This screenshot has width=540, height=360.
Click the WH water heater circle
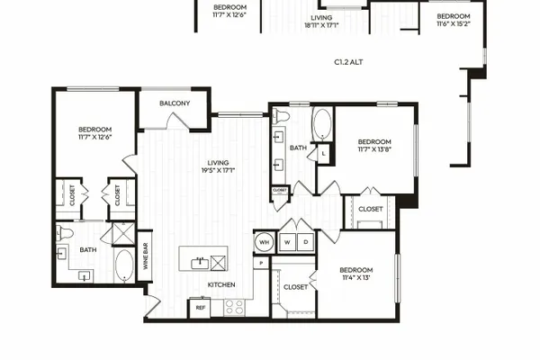[x=264, y=242]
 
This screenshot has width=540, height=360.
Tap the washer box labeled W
[x=287, y=242]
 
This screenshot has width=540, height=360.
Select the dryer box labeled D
[x=305, y=242]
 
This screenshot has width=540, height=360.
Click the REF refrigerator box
[x=201, y=308]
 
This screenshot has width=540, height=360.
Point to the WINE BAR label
[x=145, y=256]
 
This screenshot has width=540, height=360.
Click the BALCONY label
[x=175, y=103]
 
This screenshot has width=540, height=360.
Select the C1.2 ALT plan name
[x=348, y=62]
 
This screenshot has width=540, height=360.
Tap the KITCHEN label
[x=221, y=284]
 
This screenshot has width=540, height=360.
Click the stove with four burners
[x=235, y=307]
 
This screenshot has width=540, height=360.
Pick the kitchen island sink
[x=200, y=264]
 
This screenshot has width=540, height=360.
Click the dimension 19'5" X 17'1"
[x=219, y=170]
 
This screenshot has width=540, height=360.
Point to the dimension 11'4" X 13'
[x=356, y=278]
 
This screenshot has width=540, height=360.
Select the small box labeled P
[x=261, y=263]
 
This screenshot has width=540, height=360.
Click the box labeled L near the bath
[x=323, y=153]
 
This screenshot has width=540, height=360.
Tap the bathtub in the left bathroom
[x=124, y=266]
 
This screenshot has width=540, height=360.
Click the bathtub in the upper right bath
[x=322, y=124]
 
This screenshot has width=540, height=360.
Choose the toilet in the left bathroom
[x=65, y=233]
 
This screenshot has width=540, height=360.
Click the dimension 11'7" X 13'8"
[x=374, y=149]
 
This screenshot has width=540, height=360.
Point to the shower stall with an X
[x=123, y=234]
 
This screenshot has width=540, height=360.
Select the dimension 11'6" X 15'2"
[x=454, y=23]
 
